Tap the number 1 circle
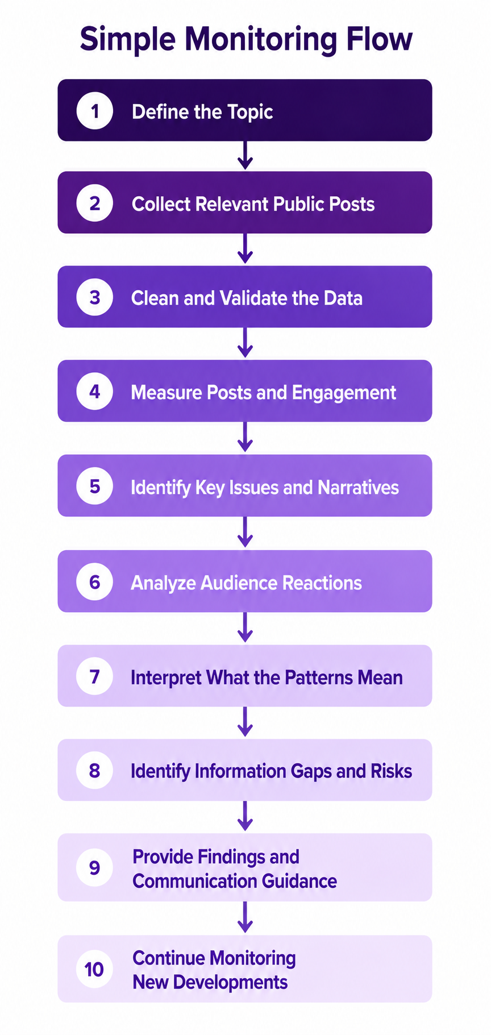pyautogui.click(x=95, y=110)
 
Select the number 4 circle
pyautogui.click(x=95, y=391)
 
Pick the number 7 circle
pyautogui.click(x=95, y=676)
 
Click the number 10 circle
pyautogui.click(x=95, y=969)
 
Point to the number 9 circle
pyautogui.click(x=95, y=867)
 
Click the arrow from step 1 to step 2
pyautogui.click(x=245, y=155)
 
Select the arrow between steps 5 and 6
pyautogui.click(x=245, y=532)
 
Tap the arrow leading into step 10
pyautogui.click(x=245, y=917)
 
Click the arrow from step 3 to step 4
pyautogui.click(x=245, y=343)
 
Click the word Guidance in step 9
pyautogui.click(x=299, y=881)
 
